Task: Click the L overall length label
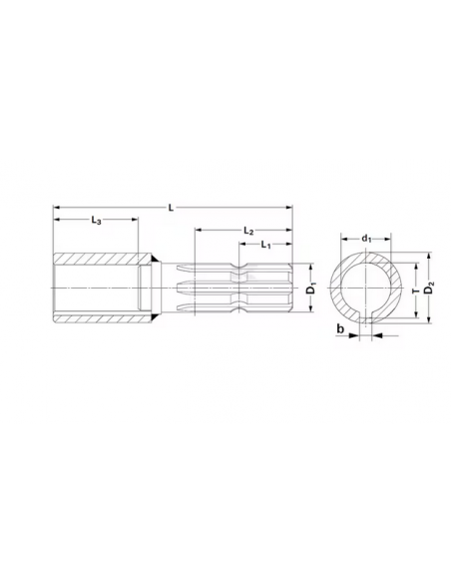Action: click(x=171, y=208)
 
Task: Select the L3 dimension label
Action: click(x=96, y=220)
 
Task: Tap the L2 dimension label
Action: click(x=248, y=231)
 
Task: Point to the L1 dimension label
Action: click(x=265, y=245)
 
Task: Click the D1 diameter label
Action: click(x=311, y=289)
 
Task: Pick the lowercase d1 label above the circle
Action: click(x=366, y=239)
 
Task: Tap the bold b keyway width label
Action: click(x=340, y=328)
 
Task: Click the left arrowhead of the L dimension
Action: click(x=57, y=207)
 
